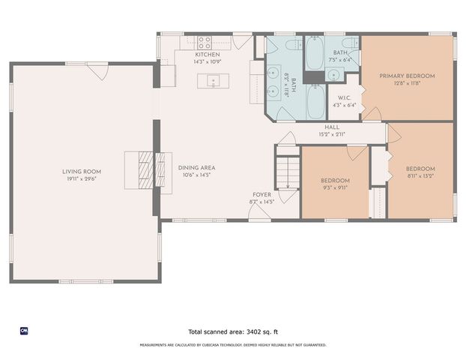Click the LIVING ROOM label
pyautogui.click(x=82, y=172)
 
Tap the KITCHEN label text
pyautogui.click(x=208, y=55)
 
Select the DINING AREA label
pyautogui.click(x=197, y=168)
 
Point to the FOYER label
pyautogui.click(x=261, y=194)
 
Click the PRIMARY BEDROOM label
pyautogui.click(x=407, y=76)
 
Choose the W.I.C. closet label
pyautogui.click(x=345, y=97)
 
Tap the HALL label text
pyautogui.click(x=333, y=127)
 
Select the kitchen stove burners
pyautogui.click(x=205, y=40)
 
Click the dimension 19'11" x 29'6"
pyautogui.click(x=82, y=179)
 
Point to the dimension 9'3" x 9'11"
pyautogui.click(x=336, y=188)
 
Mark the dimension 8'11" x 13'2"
pyautogui.click(x=420, y=177)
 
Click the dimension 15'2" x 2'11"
pyautogui.click(x=333, y=135)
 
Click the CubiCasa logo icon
pyautogui.click(x=24, y=330)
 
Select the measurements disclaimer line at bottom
pyautogui.click(x=233, y=345)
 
